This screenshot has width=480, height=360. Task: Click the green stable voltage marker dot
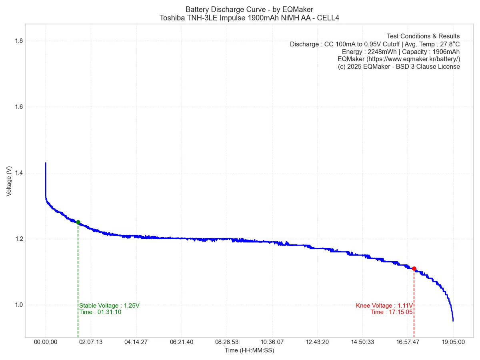point(78,222)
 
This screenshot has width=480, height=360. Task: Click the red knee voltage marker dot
point(414,269)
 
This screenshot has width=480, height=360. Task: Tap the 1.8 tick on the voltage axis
point(18,41)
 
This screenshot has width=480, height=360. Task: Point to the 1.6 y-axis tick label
point(18,107)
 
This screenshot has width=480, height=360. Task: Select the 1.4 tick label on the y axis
point(18,173)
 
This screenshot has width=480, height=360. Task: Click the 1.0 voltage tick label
point(18,305)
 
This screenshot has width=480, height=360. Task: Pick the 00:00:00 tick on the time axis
point(46,342)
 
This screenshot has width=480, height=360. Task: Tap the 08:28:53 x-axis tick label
point(227,342)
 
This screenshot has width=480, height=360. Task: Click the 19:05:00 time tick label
point(453,342)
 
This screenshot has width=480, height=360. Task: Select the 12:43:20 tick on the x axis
point(317,342)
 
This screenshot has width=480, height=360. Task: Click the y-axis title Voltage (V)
point(9,181)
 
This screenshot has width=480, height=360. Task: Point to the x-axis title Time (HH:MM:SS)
point(249,350)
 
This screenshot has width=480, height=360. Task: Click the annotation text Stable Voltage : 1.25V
point(109,306)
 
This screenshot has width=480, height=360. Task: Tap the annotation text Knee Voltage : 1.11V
point(384,306)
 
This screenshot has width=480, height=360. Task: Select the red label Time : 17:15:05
point(391,312)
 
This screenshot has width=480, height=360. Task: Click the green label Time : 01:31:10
point(100,312)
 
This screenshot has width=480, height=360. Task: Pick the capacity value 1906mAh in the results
point(446,52)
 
